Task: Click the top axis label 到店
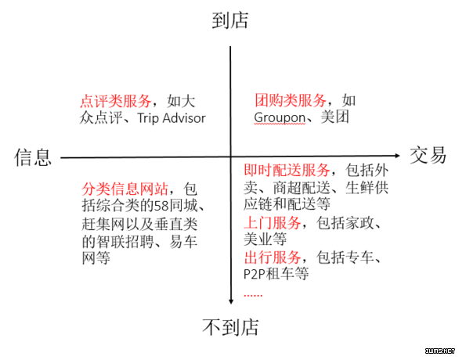pyautogui.click(x=230, y=20)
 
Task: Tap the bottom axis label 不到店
pyautogui.click(x=230, y=327)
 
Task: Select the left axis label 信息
pyautogui.click(x=33, y=157)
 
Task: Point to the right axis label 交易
pyautogui.click(x=428, y=155)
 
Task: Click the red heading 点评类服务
pyautogui.click(x=116, y=101)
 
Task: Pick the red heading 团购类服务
pyautogui.click(x=291, y=100)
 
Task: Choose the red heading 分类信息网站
pyautogui.click(x=125, y=189)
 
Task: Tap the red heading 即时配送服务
pyautogui.click(x=287, y=170)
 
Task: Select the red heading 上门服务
pyautogui.click(x=273, y=223)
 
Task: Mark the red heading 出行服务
pyautogui.click(x=273, y=257)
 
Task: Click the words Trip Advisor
pyautogui.click(x=172, y=118)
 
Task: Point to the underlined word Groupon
pyautogui.click(x=280, y=118)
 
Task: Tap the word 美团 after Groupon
pyautogui.click(x=334, y=117)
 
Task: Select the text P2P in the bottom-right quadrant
pyautogui.click(x=255, y=274)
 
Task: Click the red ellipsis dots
pyautogui.click(x=253, y=295)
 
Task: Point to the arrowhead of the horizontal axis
pyautogui.click(x=397, y=155)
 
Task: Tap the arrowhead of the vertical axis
pyautogui.click(x=231, y=302)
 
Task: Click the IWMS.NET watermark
pyautogui.click(x=440, y=351)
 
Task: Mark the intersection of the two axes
pyautogui.click(x=230, y=157)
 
